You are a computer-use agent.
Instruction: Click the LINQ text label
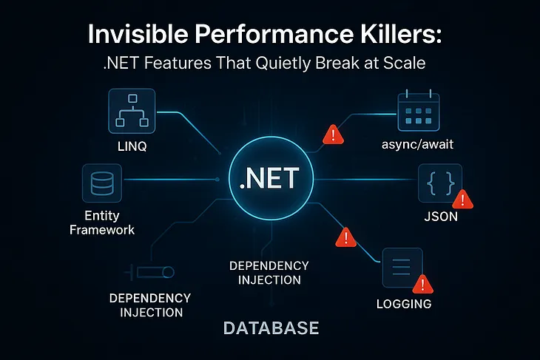pos(132,146)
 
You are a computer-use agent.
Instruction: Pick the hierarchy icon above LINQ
pos(132,111)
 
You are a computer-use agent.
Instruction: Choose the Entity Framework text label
pos(102,223)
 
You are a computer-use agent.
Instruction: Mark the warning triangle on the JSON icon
pos(462,199)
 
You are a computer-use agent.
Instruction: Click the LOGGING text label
pos(403,304)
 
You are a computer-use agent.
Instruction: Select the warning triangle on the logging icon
pos(422,283)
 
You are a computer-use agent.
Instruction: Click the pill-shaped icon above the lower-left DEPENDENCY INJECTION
pos(153,273)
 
